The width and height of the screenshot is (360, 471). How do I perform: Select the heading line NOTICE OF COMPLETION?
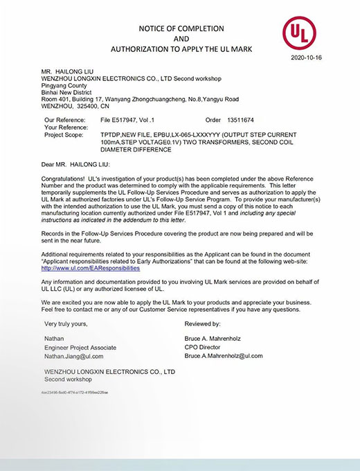coord(179,28)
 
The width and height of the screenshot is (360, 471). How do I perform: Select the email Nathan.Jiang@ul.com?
coord(73,356)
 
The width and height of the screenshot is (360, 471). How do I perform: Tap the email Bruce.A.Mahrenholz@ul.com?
coord(224,355)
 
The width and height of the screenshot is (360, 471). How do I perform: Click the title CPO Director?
coord(206,346)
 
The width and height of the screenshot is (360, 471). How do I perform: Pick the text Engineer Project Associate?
coord(80,347)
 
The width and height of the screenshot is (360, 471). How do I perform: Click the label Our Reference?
coord(65,120)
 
